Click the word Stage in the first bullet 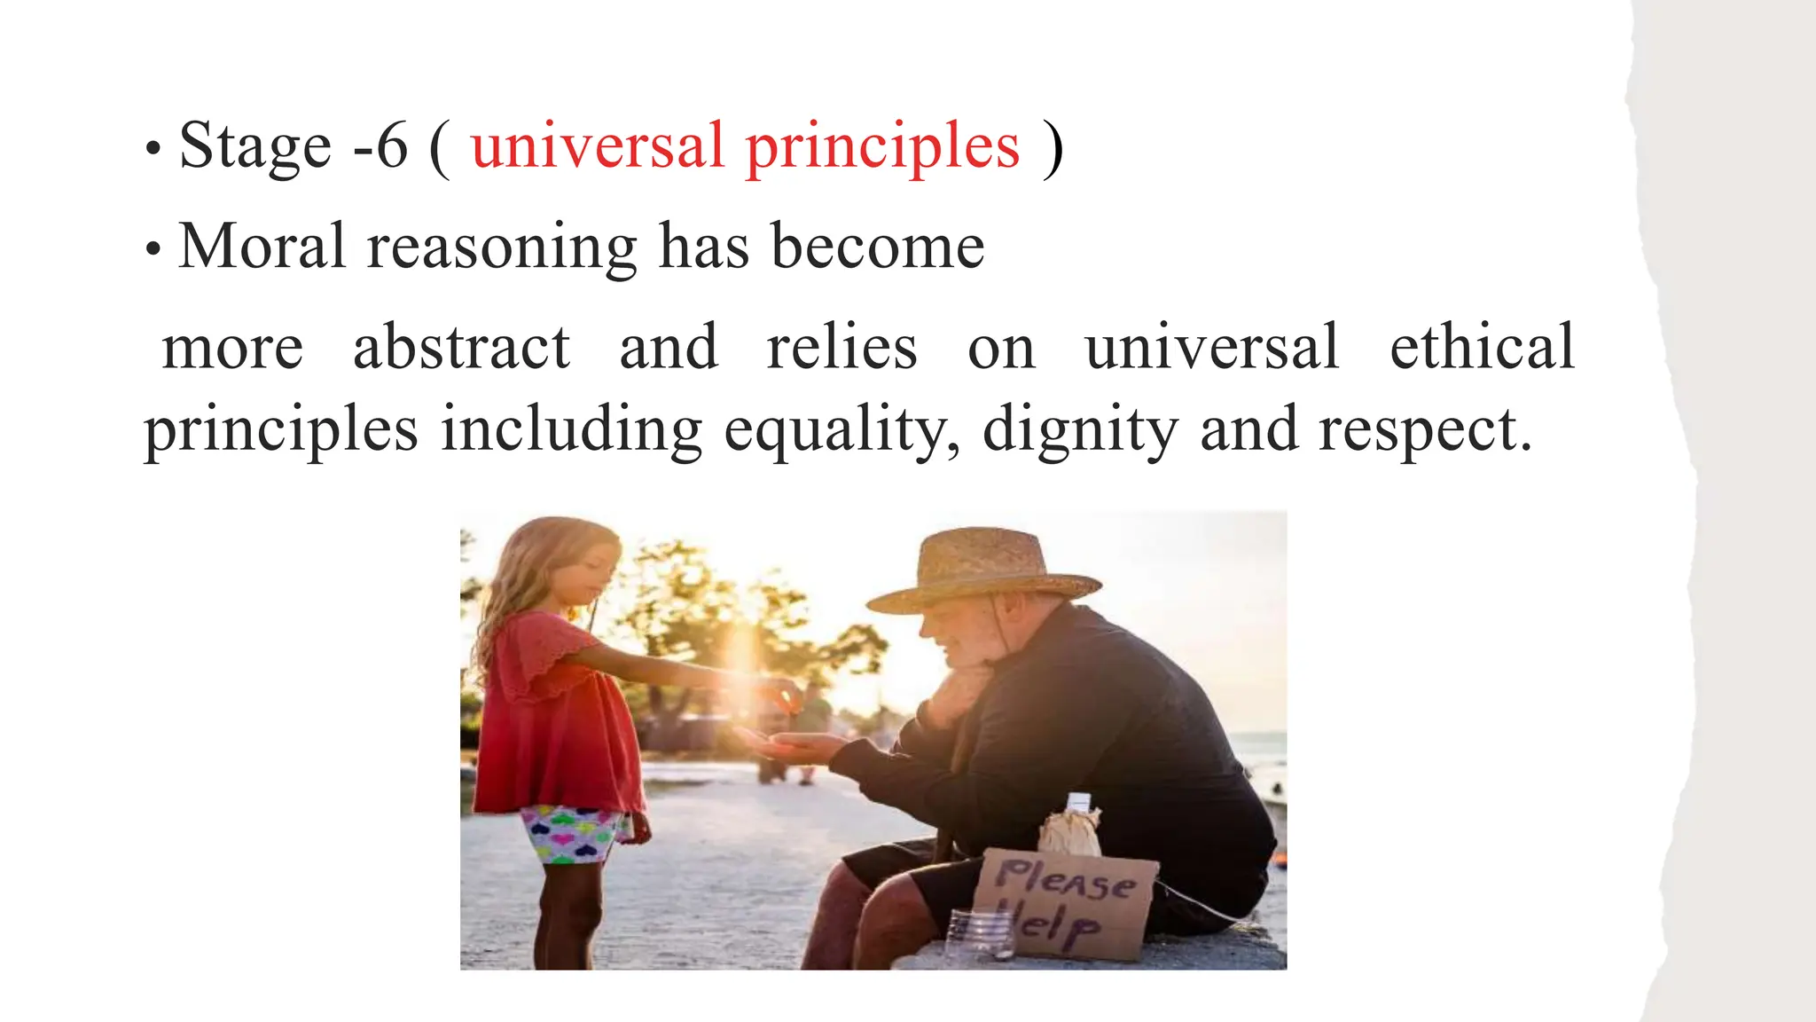click(255, 146)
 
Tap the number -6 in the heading click(380, 146)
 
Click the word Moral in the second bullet click(262, 246)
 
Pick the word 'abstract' click(461, 347)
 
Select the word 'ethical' click(1482, 347)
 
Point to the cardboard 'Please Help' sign click(1064, 900)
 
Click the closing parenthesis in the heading click(1053, 148)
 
